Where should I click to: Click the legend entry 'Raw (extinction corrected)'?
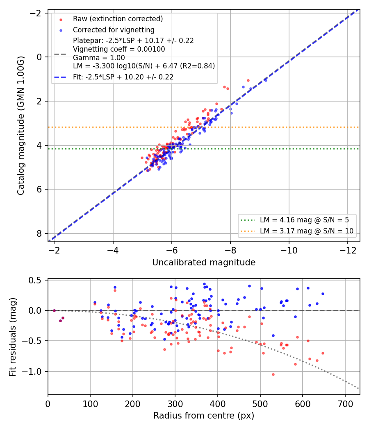118,19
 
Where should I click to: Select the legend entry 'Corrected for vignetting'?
114,30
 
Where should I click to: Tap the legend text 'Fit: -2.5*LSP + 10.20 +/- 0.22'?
123,77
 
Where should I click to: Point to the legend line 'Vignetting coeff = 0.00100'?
119,50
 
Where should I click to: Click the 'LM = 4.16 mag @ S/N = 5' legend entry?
304,220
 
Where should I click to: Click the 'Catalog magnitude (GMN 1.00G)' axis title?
21,126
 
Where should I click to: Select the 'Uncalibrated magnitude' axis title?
204,263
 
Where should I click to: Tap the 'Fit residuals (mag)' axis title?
13,337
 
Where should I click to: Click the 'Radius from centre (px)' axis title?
204,416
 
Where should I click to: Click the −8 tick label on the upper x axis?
230,250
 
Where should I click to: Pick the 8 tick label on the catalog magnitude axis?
39,233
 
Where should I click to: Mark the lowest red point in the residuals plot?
273,375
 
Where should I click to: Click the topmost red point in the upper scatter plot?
248,81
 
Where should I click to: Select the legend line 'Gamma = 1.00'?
99,58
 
